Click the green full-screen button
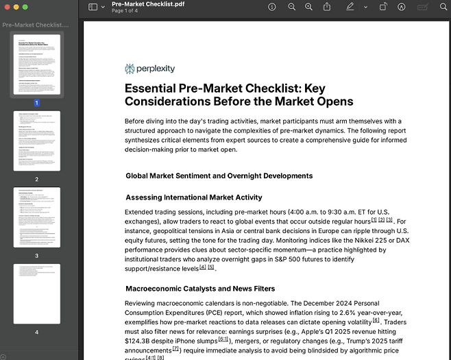[x=25, y=6]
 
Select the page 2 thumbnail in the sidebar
[x=37, y=141]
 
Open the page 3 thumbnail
[x=37, y=217]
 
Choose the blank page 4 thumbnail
[x=37, y=293]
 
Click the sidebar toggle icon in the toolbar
[x=93, y=7]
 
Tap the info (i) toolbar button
[x=273, y=7]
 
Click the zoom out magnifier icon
[x=292, y=7]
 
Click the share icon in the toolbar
[x=327, y=7]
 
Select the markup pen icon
[x=350, y=7]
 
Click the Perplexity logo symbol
[x=130, y=69]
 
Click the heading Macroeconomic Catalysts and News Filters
[x=200, y=289]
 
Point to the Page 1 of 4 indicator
[x=127, y=12]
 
